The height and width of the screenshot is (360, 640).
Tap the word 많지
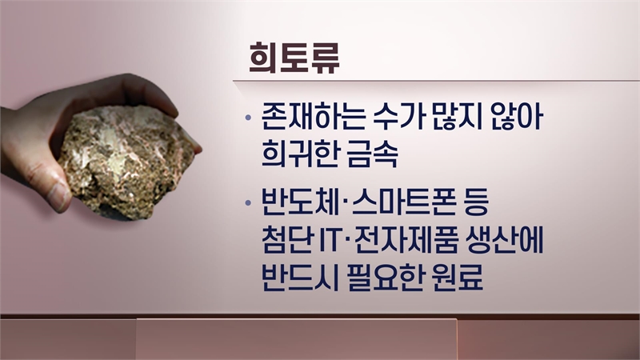452,117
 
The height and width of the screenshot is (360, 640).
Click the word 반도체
300,202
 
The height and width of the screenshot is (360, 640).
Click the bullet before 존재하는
247,118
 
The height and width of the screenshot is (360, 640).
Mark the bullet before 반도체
247,202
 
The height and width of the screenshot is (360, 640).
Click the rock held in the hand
126,162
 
